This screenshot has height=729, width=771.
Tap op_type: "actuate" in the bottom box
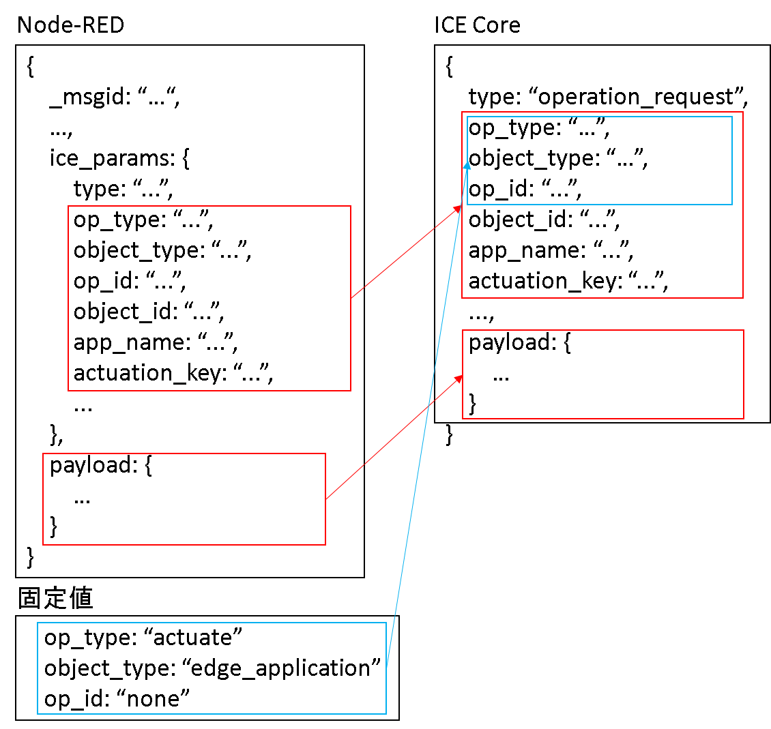pos(143,638)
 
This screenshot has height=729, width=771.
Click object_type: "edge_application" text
pos(212,668)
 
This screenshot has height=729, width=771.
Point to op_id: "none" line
pos(116,698)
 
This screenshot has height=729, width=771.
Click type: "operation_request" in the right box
pos(608,98)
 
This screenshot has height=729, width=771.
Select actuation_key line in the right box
pos(568,281)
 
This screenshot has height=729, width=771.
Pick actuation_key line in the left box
pos(173,373)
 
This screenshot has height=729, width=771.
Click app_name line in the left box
pos(156,342)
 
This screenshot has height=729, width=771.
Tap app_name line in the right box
pos(551,250)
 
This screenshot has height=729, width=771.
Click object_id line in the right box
pos(544,220)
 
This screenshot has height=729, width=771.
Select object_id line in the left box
pos(149,312)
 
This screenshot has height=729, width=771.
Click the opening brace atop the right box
pos(449,67)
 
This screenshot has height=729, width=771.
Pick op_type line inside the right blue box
pos(538,128)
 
